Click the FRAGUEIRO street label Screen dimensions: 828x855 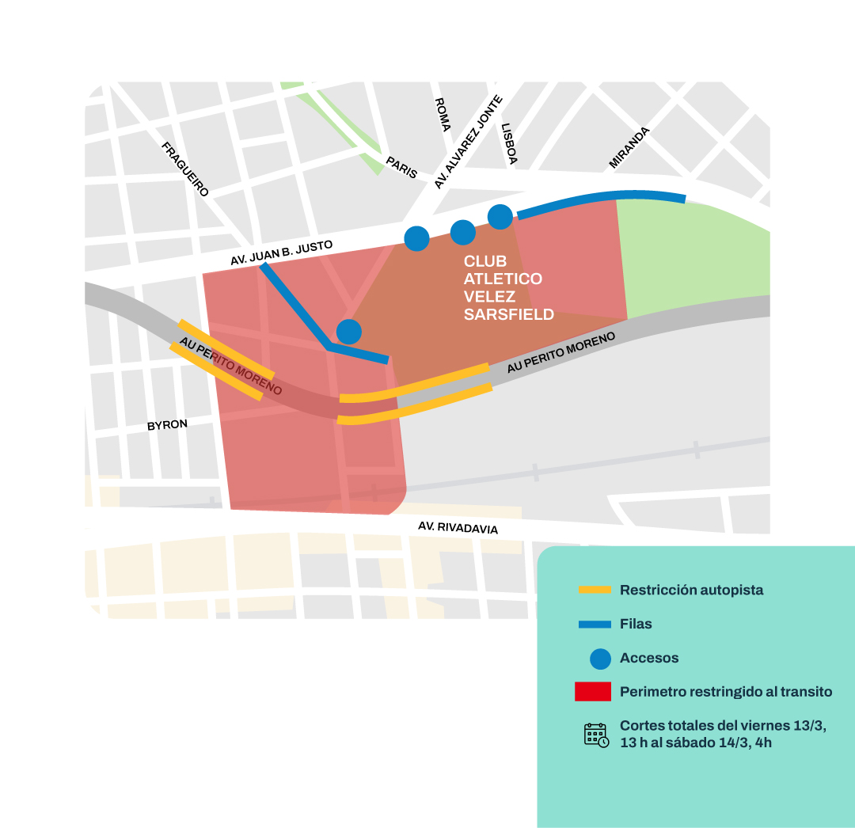pyautogui.click(x=185, y=169)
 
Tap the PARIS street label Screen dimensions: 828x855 pyautogui.click(x=401, y=167)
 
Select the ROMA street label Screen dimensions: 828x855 pyautogui.click(x=443, y=115)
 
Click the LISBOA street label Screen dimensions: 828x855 pyautogui.click(x=508, y=143)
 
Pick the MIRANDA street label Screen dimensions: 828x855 pyautogui.click(x=629, y=147)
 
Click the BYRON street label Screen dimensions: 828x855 pyautogui.click(x=167, y=425)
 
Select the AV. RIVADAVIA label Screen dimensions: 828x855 pyautogui.click(x=458, y=527)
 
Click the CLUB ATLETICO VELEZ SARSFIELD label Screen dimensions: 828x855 pyautogui.click(x=508, y=287)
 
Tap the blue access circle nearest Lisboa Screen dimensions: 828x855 pyautogui.click(x=500, y=216)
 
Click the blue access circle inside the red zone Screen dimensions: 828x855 pyautogui.click(x=349, y=332)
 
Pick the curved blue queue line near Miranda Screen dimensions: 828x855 pyautogui.click(x=602, y=196)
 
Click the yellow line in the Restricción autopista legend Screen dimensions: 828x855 pyautogui.click(x=595, y=590)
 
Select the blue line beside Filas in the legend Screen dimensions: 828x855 pyautogui.click(x=595, y=624)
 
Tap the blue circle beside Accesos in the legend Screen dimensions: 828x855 pyautogui.click(x=600, y=658)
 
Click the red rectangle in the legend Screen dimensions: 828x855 pyautogui.click(x=593, y=691)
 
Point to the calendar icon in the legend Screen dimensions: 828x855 pyautogui.click(x=596, y=735)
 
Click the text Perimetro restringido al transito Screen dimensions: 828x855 pyautogui.click(x=726, y=691)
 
